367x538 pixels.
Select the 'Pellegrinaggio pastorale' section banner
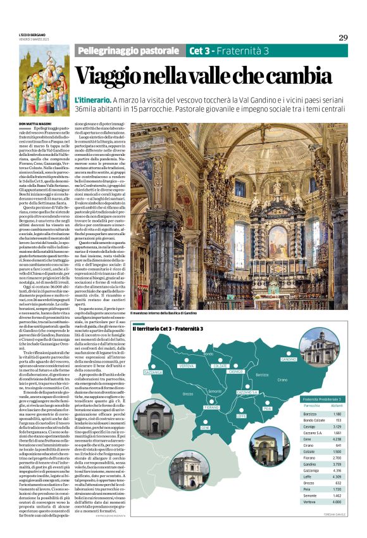click(x=127, y=50)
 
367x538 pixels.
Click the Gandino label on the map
click(x=288, y=359)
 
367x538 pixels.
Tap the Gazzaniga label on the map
click(x=153, y=373)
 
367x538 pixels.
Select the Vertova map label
click(x=186, y=366)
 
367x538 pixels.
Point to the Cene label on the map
click(x=205, y=428)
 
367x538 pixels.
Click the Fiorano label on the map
click(x=211, y=407)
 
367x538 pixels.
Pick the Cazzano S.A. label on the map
click(x=247, y=393)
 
